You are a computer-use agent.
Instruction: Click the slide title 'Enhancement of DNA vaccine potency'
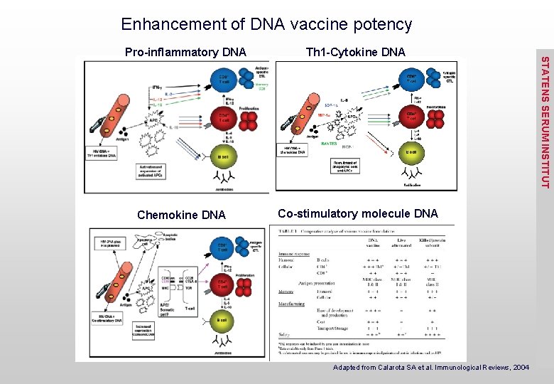266,24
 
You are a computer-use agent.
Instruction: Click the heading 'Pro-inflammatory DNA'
185,52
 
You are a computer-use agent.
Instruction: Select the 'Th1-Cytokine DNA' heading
355,52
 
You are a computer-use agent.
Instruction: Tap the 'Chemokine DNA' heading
181,215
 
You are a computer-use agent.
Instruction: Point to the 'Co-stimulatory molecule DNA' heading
358,213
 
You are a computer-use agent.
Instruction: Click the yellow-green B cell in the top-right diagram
411,151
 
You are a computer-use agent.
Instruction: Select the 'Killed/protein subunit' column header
433,242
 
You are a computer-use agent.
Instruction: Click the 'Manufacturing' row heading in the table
292,304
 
